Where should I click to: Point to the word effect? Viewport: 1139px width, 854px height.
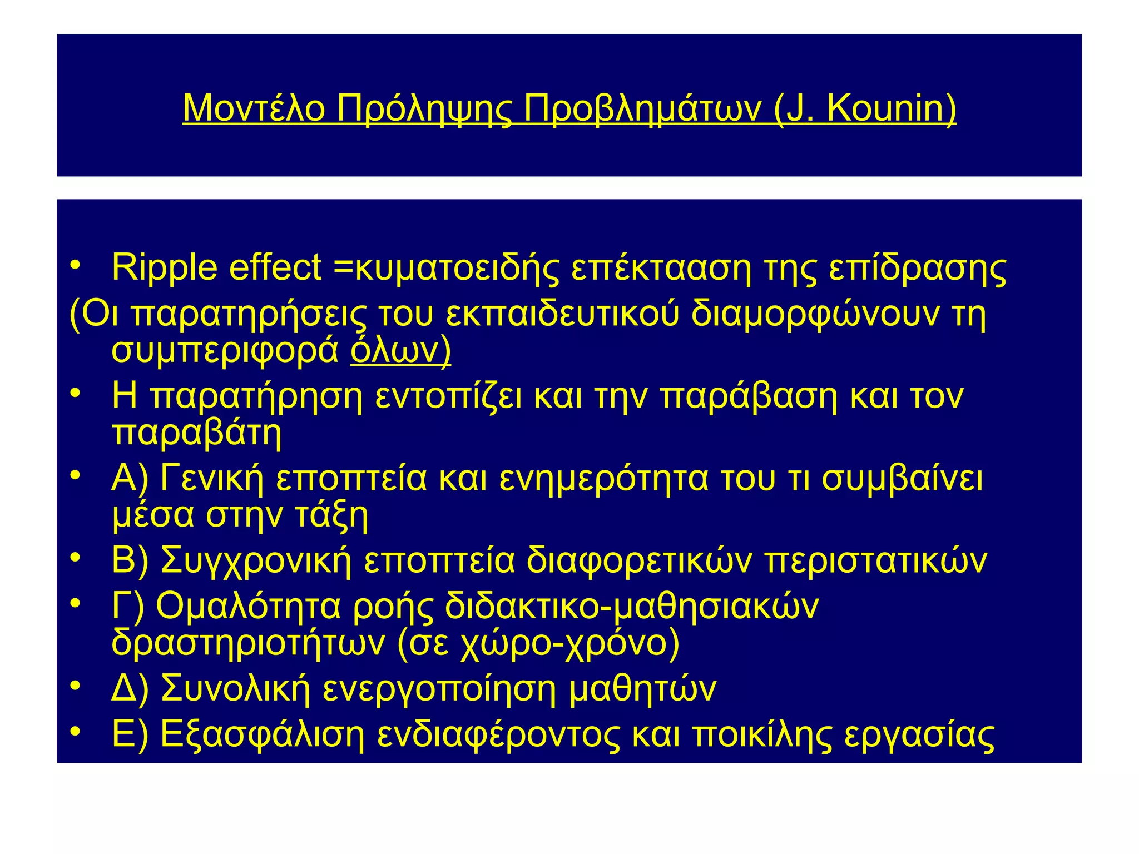click(275, 267)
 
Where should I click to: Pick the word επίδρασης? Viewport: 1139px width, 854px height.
click(918, 268)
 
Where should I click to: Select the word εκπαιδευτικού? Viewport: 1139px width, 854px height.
click(562, 314)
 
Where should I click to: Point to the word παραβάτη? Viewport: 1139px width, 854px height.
click(196, 433)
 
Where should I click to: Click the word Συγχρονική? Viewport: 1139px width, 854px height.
click(256, 560)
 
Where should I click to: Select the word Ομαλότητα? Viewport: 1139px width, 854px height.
click(247, 606)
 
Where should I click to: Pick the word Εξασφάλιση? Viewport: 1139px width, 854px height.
click(262, 734)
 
